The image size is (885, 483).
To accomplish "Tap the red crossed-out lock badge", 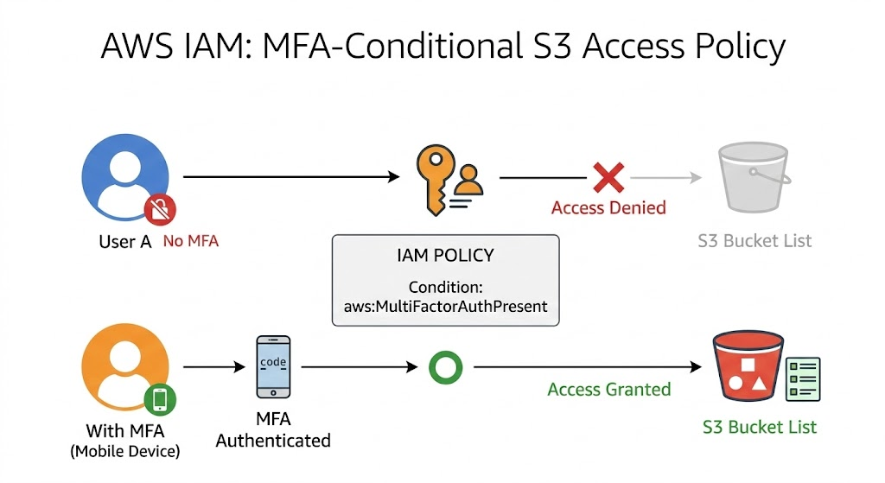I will point(160,207).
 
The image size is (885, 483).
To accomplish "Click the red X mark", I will point(608,177).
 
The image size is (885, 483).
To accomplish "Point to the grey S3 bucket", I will point(754,178).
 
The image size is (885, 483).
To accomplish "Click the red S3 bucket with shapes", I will point(747,371).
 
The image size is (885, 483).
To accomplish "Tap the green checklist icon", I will point(803,379).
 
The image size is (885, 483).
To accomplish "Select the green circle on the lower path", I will point(446,366).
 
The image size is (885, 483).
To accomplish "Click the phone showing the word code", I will point(273,366).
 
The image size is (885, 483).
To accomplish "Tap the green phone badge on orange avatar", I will point(160,398).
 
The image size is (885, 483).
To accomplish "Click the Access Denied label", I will point(608,208).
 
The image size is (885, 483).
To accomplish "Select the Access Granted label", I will point(608,389).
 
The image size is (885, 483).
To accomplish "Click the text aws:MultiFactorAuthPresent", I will point(445,306).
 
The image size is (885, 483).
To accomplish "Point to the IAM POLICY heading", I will point(445,256).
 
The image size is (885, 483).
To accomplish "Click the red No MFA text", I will point(191,241).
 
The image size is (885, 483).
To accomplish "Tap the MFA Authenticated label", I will point(273,429).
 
